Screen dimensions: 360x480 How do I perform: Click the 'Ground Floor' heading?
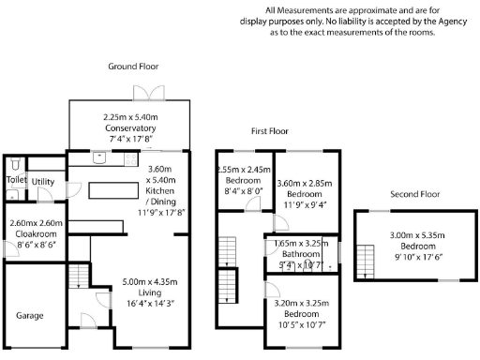pos(132,67)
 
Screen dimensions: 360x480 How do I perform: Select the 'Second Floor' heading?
pos(415,194)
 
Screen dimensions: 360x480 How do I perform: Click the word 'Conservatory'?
pos(129,128)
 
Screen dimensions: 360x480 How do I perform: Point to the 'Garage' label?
pos(29,315)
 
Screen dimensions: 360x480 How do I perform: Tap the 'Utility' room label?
pos(43,182)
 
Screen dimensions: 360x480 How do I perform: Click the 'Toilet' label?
pos(16,179)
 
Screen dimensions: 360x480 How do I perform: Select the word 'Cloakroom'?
pos(36,233)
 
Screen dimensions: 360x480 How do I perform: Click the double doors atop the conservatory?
pos(147,93)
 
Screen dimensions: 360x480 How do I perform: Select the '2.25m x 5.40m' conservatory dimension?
pos(129,118)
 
